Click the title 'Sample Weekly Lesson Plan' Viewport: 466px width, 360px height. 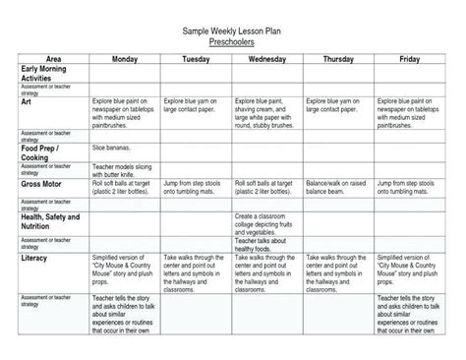click(232, 32)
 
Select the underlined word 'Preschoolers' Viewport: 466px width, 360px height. click(232, 43)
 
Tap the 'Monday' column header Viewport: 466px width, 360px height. click(124, 60)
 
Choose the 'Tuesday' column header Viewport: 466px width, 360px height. click(196, 60)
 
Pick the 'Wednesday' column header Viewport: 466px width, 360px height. click(267, 60)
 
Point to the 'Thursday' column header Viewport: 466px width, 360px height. click(339, 60)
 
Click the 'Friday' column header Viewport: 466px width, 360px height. click(410, 60)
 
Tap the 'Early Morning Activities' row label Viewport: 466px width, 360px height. click(43, 75)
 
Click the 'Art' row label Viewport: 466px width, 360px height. click(27, 99)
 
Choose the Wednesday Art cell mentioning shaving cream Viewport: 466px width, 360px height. click(266, 110)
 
